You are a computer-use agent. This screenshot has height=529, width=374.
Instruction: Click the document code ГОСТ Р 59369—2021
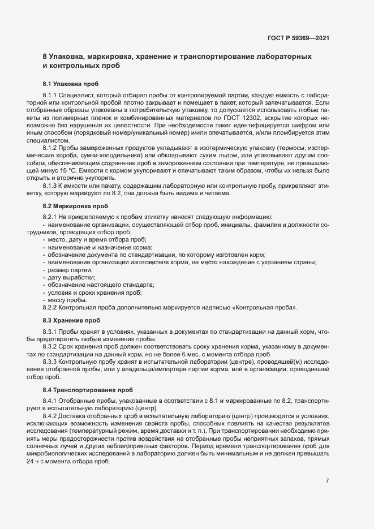coord(298,38)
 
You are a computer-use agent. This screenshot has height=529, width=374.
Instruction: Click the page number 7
coord(327,481)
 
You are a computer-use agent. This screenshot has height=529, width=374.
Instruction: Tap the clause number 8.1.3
coord(50,185)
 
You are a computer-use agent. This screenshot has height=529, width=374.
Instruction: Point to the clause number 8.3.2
coord(50,346)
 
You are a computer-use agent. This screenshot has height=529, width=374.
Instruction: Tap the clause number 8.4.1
coord(50,401)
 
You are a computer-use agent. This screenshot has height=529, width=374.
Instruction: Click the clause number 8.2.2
coord(50,307)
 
